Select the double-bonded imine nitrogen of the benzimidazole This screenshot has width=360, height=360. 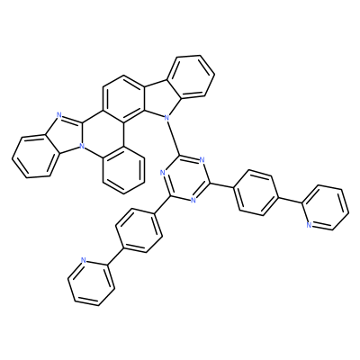coord(58,115)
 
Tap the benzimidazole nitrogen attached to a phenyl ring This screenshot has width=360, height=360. coord(80,147)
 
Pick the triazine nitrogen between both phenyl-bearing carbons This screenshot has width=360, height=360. coord(193,201)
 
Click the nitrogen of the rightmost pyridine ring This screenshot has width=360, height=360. coord(309,225)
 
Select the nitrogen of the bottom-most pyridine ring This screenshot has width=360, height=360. coord(84,260)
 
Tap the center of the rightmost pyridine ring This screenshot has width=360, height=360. coord(326,208)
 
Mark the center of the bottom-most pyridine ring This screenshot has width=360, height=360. coord(91,282)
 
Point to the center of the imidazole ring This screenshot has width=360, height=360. coord(67,135)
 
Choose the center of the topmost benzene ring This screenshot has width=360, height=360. coord(191,76)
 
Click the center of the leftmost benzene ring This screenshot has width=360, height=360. coord(34,157)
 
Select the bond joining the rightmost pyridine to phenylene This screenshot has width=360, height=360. coord(291,200)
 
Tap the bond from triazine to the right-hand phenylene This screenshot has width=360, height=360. coord(220,185)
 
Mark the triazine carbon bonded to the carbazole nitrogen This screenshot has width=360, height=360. coord(179,155)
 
